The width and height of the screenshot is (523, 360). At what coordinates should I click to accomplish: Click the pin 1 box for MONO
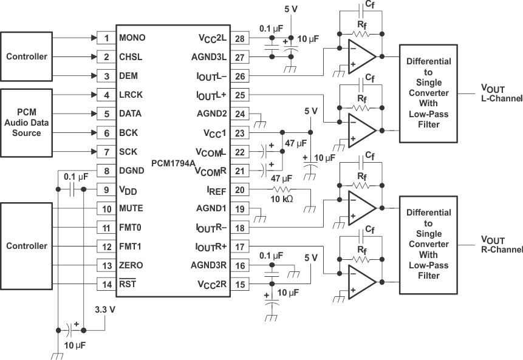pyautogui.click(x=106, y=38)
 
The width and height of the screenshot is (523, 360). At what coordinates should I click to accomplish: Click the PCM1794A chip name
pyautogui.click(x=174, y=163)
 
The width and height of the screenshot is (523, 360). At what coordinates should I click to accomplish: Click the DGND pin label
pyautogui.click(x=131, y=171)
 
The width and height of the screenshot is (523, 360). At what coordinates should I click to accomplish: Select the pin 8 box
pyautogui.click(x=106, y=171)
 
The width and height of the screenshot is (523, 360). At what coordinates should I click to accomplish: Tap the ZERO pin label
pyautogui.click(x=131, y=266)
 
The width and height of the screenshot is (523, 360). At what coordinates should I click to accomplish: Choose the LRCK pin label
pyautogui.click(x=131, y=95)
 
